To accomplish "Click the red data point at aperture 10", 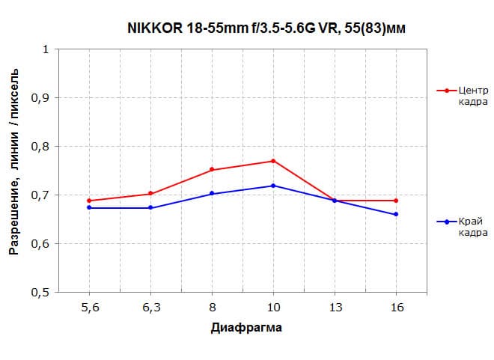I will tap(273, 161).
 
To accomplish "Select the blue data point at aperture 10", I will tap(273, 186).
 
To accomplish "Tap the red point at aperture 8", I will tap(212, 170).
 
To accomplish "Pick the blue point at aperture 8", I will tap(212, 194).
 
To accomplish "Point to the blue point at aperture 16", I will tap(396, 214).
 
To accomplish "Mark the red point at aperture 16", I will tap(396, 201).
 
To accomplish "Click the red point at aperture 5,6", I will tap(89, 201).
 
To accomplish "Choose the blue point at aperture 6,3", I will tap(150, 208).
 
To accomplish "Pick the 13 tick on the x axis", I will tap(335, 307).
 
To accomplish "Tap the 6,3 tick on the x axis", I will tap(150, 307).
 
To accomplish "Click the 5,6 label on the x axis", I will tap(89, 307).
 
